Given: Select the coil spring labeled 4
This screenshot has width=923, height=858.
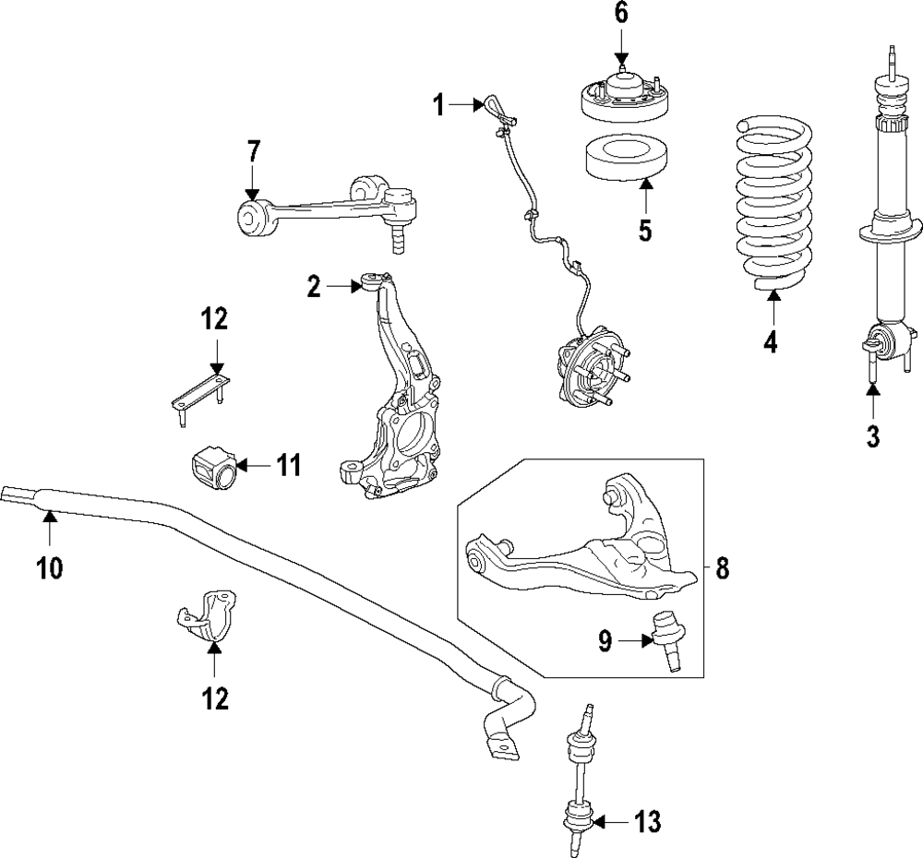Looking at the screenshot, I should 774,204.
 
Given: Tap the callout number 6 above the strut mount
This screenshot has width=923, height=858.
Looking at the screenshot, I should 620,13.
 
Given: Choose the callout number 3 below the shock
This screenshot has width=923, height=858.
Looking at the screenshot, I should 873,435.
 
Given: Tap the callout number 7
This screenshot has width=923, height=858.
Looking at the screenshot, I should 253,150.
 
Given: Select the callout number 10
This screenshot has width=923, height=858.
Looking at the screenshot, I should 49,568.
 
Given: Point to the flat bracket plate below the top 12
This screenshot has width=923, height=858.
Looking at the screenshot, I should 200,391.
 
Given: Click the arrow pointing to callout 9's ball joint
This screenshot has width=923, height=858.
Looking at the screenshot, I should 636,639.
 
